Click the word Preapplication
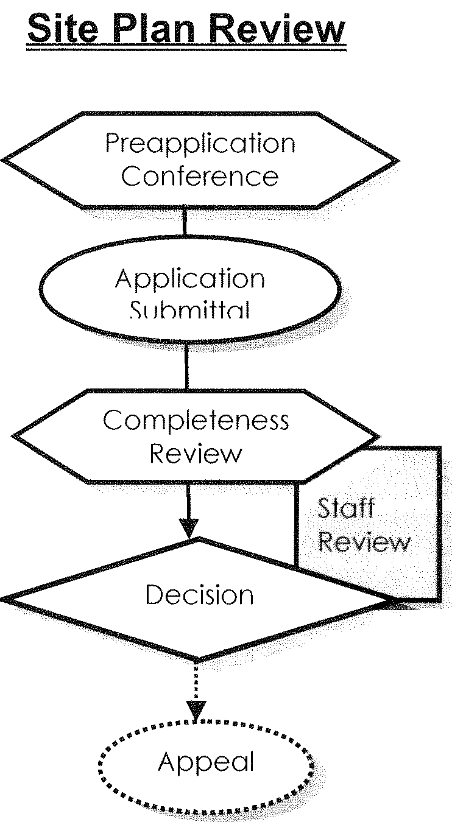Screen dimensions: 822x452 (x=200, y=144)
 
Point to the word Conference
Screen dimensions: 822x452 (x=200, y=177)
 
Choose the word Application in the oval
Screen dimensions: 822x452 (x=190, y=279)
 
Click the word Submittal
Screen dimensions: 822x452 (x=190, y=311)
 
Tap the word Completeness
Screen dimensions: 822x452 (x=196, y=420)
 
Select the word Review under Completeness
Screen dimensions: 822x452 (x=196, y=454)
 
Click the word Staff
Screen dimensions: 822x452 (x=345, y=508)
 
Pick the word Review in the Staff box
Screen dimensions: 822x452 (x=364, y=543)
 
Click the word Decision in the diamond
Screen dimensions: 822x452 (x=199, y=595)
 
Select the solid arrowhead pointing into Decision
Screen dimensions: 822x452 (x=191, y=527)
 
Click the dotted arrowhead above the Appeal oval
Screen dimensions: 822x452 (x=196, y=709)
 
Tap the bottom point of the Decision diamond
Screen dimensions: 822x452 (x=197, y=660)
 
